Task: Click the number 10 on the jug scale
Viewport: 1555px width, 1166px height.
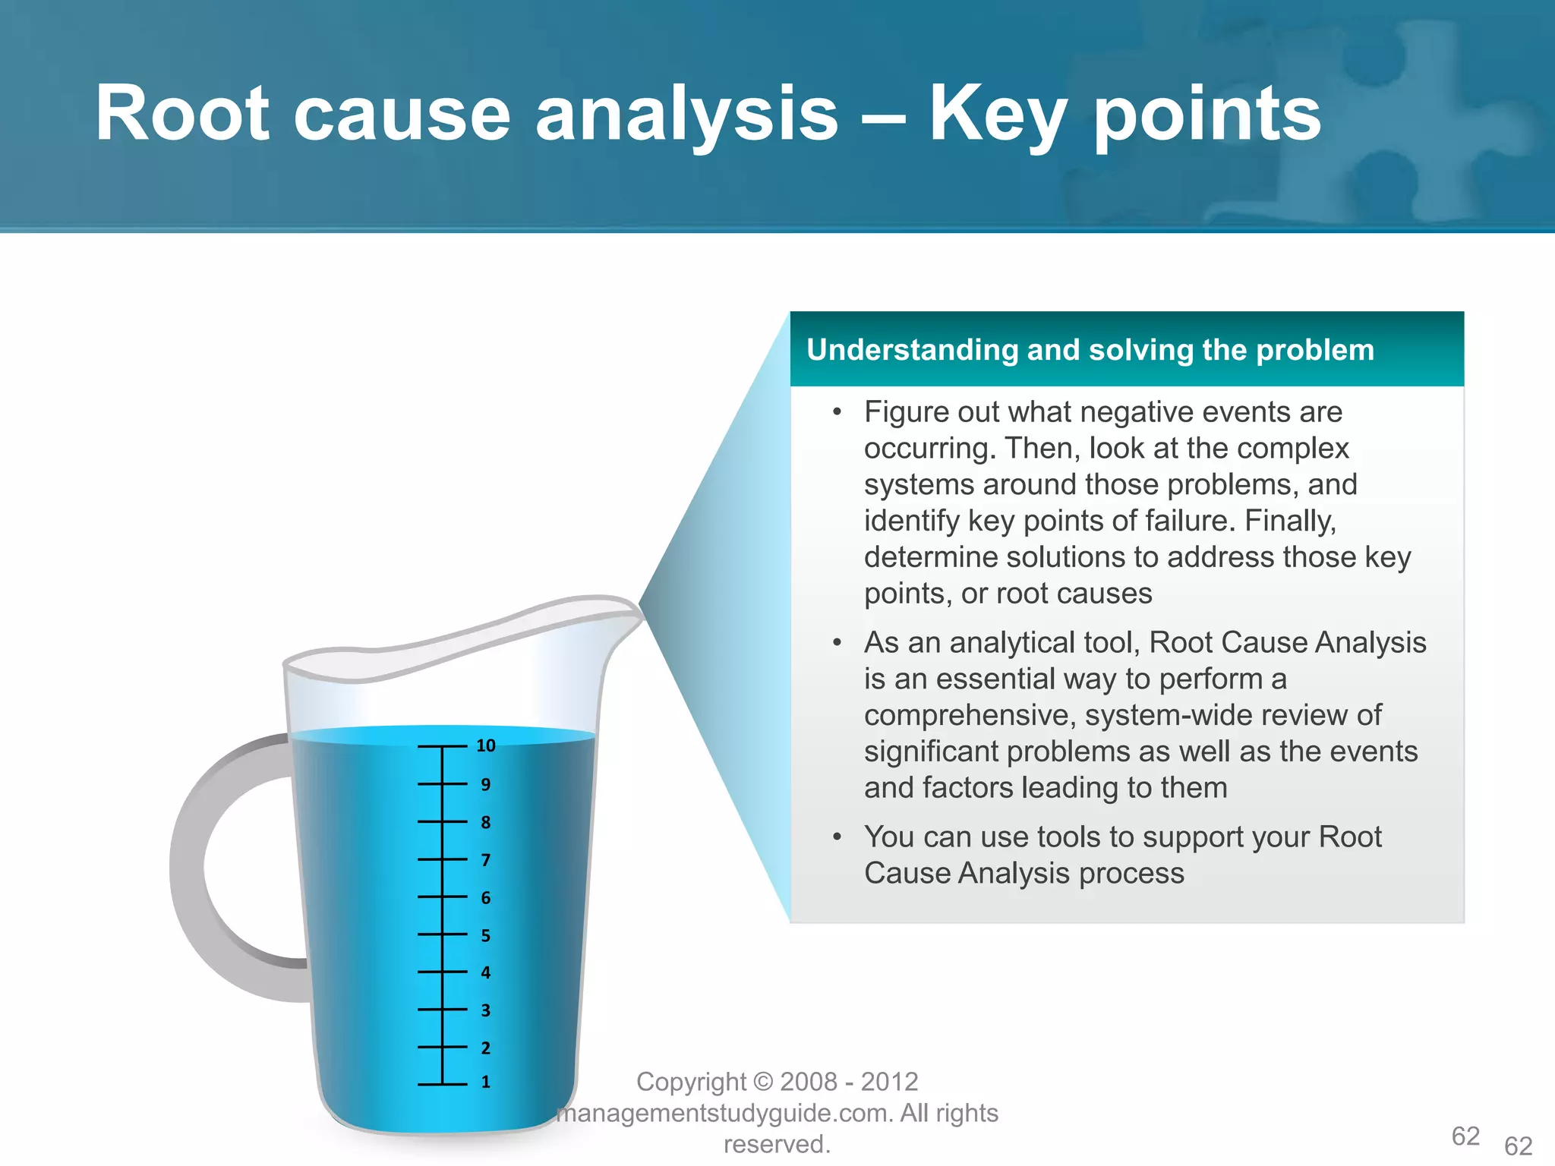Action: pyautogui.click(x=486, y=745)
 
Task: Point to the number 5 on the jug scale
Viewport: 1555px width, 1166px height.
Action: pyautogui.click(x=486, y=935)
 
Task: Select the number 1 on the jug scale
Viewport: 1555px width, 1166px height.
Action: pyautogui.click(x=486, y=1082)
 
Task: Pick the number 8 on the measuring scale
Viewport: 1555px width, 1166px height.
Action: pyautogui.click(x=486, y=822)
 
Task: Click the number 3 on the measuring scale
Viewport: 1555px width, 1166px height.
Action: pyautogui.click(x=486, y=1010)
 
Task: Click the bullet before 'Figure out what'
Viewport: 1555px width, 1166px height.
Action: pyautogui.click(x=837, y=412)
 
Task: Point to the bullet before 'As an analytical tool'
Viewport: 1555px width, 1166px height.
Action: pyautogui.click(x=837, y=643)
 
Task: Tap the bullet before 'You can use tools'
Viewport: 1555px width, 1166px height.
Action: pyautogui.click(x=837, y=837)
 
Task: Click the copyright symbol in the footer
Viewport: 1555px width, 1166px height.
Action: pyautogui.click(x=764, y=1082)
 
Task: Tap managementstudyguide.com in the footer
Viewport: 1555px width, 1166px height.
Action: pyautogui.click(x=725, y=1113)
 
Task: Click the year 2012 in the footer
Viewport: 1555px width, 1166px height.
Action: pyautogui.click(x=889, y=1082)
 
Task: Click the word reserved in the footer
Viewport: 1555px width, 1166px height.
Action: pyautogui.click(x=774, y=1144)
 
